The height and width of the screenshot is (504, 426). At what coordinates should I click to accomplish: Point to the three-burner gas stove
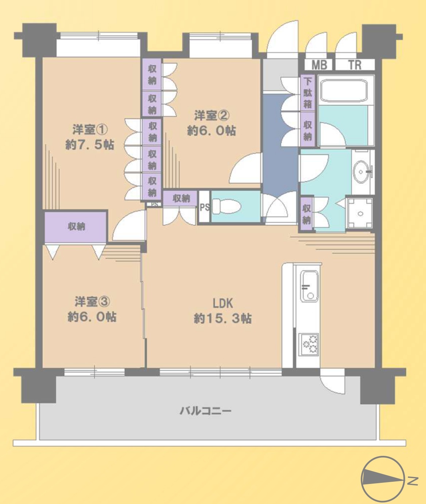(x=309, y=344)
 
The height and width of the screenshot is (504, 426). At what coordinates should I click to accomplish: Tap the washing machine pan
(x=360, y=213)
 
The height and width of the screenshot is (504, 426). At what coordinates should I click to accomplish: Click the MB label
(x=319, y=65)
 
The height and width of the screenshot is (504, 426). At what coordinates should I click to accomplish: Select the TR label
(x=355, y=65)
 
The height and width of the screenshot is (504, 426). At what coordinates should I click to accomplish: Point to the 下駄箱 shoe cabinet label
(x=307, y=93)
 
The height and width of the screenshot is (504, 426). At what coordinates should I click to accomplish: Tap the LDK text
(x=223, y=304)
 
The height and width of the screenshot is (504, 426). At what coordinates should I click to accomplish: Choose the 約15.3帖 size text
(x=222, y=318)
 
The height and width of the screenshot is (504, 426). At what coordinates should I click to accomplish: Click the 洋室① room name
(x=90, y=130)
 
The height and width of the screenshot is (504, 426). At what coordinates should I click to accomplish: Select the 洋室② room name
(x=212, y=116)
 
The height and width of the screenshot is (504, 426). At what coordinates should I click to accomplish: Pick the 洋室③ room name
(x=92, y=302)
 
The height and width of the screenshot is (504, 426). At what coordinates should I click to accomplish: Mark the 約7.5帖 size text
(x=90, y=145)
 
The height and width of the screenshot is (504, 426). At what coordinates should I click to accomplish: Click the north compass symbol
(x=382, y=479)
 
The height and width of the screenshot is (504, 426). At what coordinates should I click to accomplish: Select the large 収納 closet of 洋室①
(x=76, y=227)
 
